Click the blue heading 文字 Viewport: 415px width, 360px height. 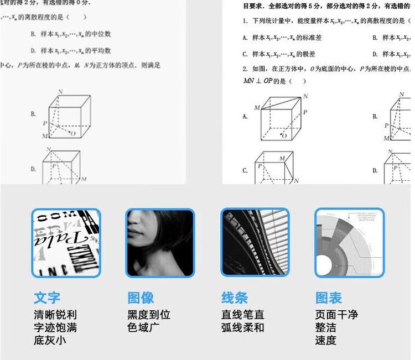[47, 298]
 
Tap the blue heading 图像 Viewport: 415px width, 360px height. [141, 298]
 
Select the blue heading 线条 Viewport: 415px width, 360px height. [235, 298]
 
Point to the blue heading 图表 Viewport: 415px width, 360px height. [329, 298]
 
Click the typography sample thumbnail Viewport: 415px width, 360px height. [66, 243]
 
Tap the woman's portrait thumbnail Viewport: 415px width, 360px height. [160, 243]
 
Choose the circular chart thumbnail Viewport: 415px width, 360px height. [349, 243]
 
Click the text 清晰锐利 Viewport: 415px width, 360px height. [55, 315]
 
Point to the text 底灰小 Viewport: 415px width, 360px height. [50, 340]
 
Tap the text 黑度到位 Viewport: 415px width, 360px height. [149, 315]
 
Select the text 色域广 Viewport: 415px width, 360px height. [143, 327]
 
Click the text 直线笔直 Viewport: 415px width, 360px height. [243, 315]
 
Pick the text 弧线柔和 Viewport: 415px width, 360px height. [243, 327]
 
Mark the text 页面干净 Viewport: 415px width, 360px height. [336, 315]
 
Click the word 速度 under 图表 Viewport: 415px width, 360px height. [326, 340]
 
